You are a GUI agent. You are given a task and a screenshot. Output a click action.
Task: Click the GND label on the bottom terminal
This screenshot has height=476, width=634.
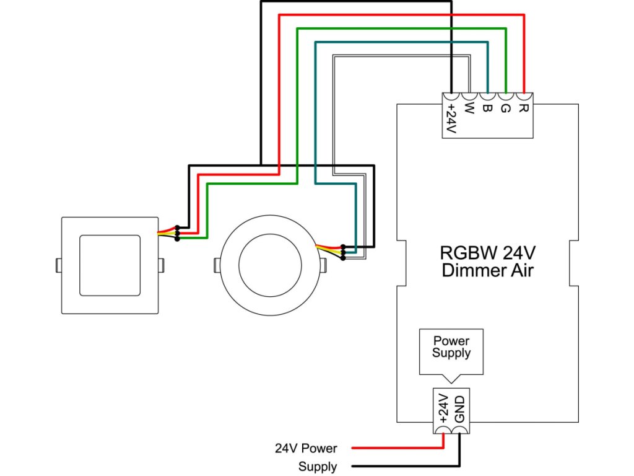(459, 409)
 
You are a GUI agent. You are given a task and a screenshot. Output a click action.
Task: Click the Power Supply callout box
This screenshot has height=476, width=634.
(451, 350)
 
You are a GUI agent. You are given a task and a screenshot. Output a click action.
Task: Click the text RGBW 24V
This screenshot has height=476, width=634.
(489, 253)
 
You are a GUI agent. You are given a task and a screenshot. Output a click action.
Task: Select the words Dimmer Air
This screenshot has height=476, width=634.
(489, 271)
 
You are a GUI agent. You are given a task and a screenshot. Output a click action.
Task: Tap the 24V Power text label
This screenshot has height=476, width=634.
(306, 447)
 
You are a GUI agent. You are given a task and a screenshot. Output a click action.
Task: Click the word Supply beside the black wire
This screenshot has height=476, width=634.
(318, 467)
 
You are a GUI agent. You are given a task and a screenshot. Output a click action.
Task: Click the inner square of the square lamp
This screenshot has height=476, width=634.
(110, 265)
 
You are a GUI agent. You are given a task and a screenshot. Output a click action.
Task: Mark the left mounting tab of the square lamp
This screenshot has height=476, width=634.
(58, 265)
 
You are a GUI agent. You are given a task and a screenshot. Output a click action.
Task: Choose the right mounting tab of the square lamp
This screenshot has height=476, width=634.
(162, 265)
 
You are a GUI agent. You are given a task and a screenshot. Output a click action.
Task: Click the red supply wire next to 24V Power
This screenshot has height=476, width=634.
(396, 447)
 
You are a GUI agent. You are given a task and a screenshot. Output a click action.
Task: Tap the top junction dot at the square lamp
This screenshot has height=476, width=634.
(178, 227)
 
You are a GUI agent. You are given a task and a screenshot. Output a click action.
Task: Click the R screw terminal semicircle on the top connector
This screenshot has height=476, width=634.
(524, 96)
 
